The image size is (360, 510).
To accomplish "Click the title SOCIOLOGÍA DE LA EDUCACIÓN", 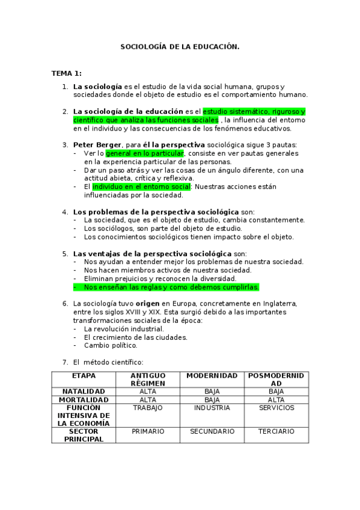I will coord(180,46).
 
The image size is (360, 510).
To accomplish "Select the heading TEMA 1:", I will coord(66,73).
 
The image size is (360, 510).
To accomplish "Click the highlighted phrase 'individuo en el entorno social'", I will coord(141,187).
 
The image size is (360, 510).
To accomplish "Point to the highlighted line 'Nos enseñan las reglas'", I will coord(171,287).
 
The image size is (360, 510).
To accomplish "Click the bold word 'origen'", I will coord(147,304).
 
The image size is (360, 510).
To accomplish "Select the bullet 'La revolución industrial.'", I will coord(124,329).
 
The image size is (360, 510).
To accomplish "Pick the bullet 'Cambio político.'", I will coord(111,346).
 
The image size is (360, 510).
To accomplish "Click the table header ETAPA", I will coord(84,375).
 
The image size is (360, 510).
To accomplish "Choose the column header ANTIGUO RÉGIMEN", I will coord(148,379).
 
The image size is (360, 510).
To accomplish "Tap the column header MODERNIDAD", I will coord(212,375).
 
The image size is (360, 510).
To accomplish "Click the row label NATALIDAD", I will coord(84,392).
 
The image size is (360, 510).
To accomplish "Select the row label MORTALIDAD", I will coord(84,399).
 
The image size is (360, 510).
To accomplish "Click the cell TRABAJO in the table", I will coord(148,408).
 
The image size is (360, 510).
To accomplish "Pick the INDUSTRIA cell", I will coord(212,408).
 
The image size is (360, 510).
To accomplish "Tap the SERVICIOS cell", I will coord(276,408).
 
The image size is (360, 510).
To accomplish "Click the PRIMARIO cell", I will coord(148,431).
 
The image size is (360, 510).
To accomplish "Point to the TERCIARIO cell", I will coord(276,431).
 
